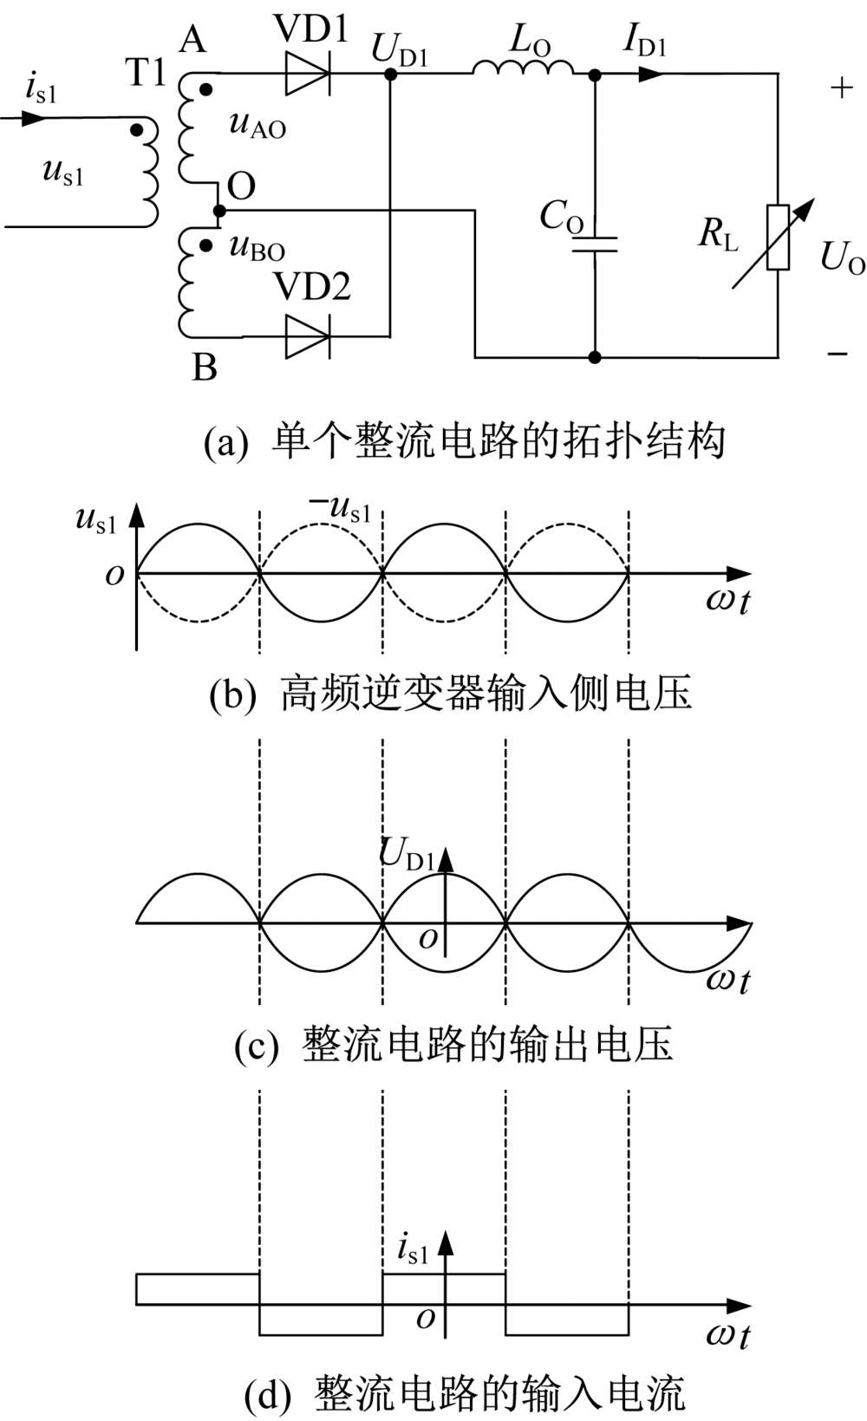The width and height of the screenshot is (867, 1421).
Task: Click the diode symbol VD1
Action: pyautogui.click(x=308, y=74)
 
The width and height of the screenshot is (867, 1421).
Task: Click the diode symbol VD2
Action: pyautogui.click(x=308, y=336)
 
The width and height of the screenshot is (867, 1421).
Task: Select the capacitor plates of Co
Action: pyautogui.click(x=594, y=244)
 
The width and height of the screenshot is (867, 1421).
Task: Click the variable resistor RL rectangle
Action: pyautogui.click(x=778, y=238)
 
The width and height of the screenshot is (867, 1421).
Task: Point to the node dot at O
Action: pyautogui.click(x=218, y=210)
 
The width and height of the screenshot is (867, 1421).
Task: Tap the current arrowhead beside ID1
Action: pyautogui.click(x=651, y=75)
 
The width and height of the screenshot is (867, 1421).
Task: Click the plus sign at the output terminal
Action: pyautogui.click(x=842, y=88)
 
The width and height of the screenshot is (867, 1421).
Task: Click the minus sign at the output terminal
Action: pyautogui.click(x=838, y=354)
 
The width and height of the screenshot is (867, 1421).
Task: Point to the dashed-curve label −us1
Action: pyautogui.click(x=339, y=510)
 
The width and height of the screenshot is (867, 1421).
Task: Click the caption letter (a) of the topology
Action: pyautogui.click(x=225, y=442)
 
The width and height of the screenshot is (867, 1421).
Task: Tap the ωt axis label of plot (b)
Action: pyautogui.click(x=727, y=600)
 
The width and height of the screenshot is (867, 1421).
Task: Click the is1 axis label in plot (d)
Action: pyautogui.click(x=413, y=1248)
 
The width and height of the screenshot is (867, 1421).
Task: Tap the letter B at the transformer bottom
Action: pyautogui.click(x=205, y=368)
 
